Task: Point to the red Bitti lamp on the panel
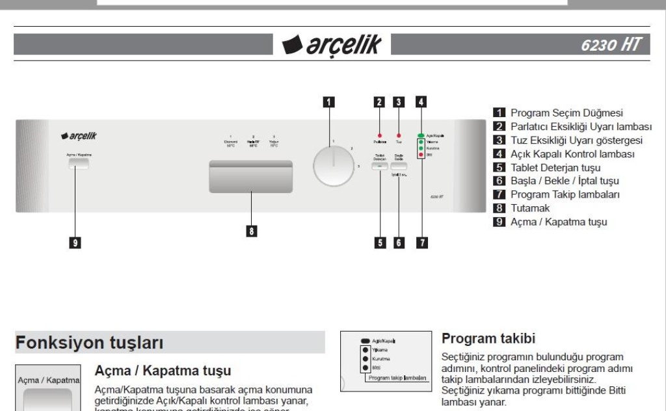421,156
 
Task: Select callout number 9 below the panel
76,243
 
